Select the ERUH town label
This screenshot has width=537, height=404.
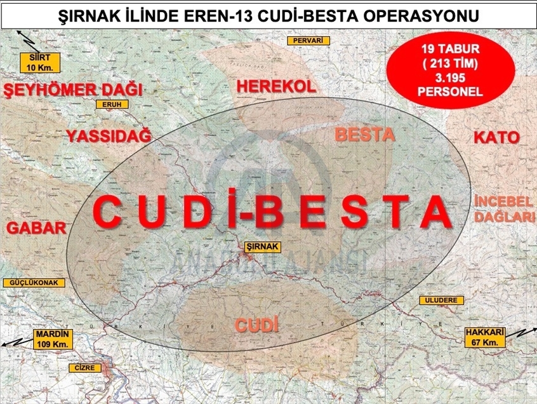(111, 104)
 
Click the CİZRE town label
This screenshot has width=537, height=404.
(84, 368)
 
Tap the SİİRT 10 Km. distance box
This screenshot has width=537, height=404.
(39, 61)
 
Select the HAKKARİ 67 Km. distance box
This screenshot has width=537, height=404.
(484, 337)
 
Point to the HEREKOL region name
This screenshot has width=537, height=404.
(276, 87)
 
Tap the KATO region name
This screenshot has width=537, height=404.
(496, 137)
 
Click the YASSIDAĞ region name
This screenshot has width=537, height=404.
(109, 135)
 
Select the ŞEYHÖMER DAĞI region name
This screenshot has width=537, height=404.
(72, 90)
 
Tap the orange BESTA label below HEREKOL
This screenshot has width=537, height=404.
(364, 135)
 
